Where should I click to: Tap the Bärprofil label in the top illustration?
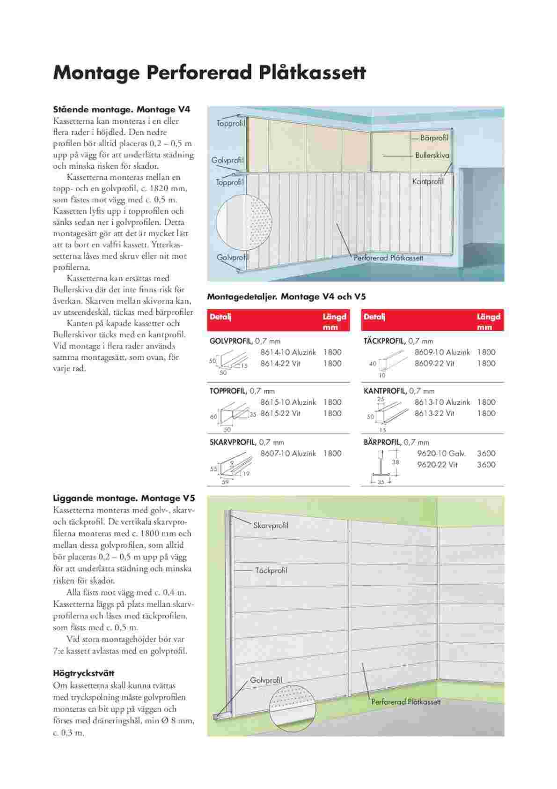[x=434, y=138]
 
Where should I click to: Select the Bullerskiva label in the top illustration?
[x=432, y=155]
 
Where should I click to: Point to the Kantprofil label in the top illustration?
[x=428, y=181]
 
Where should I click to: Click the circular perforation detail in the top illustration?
[x=244, y=223]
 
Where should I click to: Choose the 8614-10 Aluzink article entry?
[x=288, y=352]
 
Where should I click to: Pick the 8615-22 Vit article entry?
[x=280, y=413]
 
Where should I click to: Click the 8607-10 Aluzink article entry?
[x=288, y=454]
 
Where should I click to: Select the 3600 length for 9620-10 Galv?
[x=486, y=454]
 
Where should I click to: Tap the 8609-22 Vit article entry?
[x=434, y=364]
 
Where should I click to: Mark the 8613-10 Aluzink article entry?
[x=442, y=402]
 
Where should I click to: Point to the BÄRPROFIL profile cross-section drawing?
[x=381, y=467]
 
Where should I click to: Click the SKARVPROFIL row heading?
[x=233, y=442]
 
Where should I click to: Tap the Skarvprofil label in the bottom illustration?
[x=271, y=526]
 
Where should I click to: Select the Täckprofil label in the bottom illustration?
[x=271, y=571]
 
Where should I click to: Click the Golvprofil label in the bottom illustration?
[x=266, y=680]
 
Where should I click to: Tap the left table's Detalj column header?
[x=220, y=317]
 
